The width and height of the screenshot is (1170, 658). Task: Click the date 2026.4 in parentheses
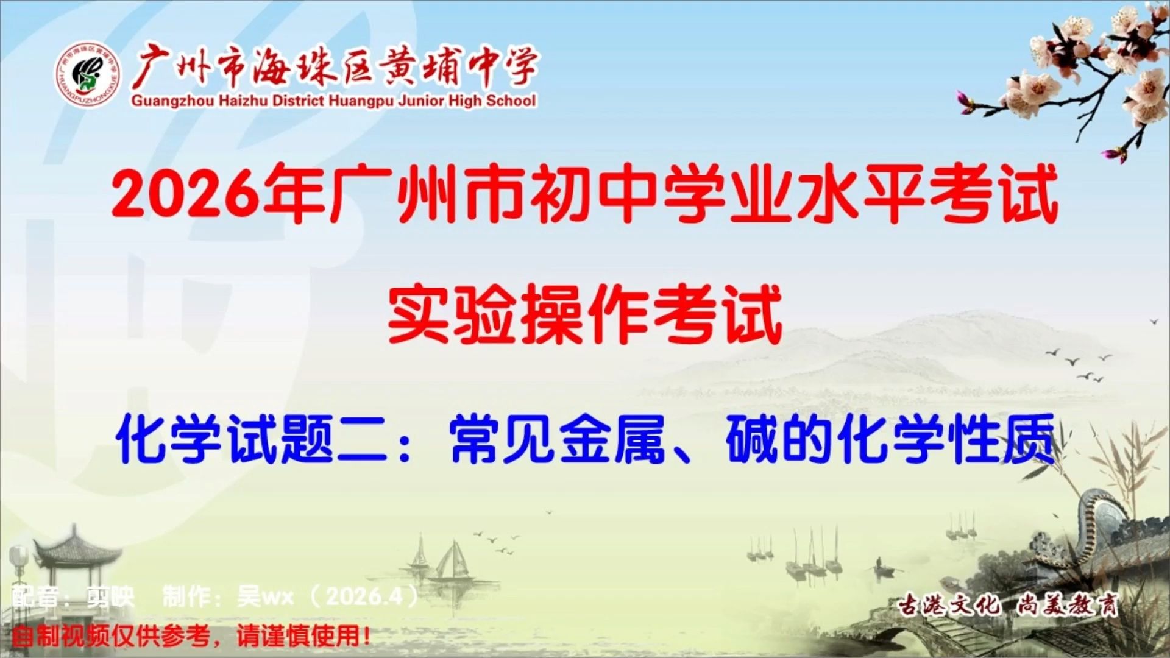(x=366, y=596)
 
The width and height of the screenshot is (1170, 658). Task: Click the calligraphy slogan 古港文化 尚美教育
(x=1009, y=606)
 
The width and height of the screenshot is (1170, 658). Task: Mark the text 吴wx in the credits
(x=266, y=596)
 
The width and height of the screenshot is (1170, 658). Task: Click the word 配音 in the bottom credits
(x=37, y=596)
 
